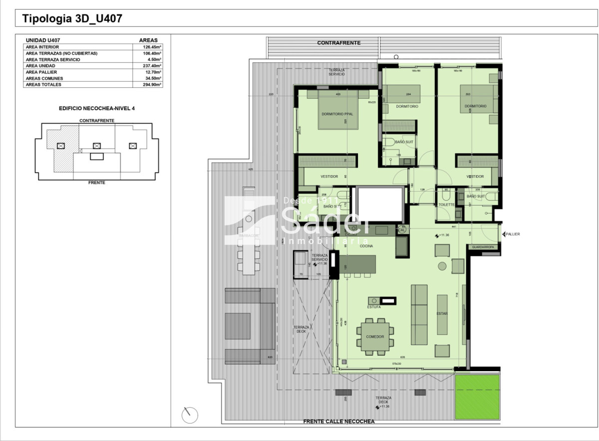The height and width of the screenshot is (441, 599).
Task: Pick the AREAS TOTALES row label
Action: tap(43, 85)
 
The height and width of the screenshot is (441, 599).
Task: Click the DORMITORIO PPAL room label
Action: tap(337, 114)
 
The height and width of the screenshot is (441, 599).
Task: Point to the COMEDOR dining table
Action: tap(375, 337)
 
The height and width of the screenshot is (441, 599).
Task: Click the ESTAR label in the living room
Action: tap(442, 314)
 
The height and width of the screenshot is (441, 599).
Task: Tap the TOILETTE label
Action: tap(446, 205)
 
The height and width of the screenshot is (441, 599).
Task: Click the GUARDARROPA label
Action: tap(483, 247)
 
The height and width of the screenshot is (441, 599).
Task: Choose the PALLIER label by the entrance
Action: tap(512, 234)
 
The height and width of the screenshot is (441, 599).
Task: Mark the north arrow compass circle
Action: tap(190, 415)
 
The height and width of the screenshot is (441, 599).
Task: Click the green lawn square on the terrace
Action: tap(477, 397)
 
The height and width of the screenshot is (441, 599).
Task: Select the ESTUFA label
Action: tap(374, 307)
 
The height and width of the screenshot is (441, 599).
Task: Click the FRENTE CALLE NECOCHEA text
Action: tap(338, 422)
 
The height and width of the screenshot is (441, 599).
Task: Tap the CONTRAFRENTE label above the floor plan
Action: tap(338, 43)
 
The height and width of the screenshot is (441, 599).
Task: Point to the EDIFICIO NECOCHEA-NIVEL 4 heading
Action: tap(97, 108)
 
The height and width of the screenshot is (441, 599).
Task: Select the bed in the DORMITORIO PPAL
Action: tap(337, 110)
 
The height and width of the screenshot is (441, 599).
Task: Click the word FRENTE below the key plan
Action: tap(97, 183)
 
